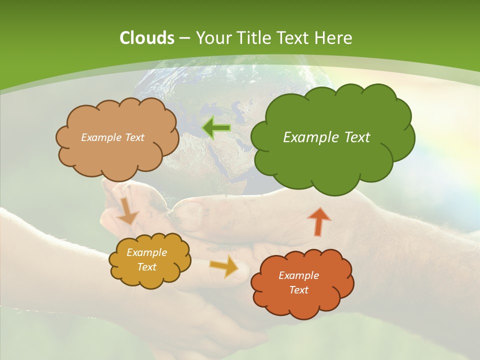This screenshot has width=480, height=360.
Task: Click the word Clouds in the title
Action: coord(147,38)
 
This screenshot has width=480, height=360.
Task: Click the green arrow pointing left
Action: coord(216,128)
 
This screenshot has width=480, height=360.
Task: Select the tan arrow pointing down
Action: coord(127,210)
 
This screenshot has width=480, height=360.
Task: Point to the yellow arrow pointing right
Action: coord(224,267)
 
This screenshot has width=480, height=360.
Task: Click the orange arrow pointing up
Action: coord(318,221)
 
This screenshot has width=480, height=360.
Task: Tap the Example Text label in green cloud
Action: coord(326,137)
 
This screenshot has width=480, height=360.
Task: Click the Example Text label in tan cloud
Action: coord(112,137)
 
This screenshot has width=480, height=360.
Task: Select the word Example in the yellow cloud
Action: coord(146,253)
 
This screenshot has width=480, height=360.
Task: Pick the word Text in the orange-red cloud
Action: coord(298,290)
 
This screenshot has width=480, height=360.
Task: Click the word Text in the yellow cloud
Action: coord(146,267)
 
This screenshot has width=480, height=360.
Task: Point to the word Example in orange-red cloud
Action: coord(298,275)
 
